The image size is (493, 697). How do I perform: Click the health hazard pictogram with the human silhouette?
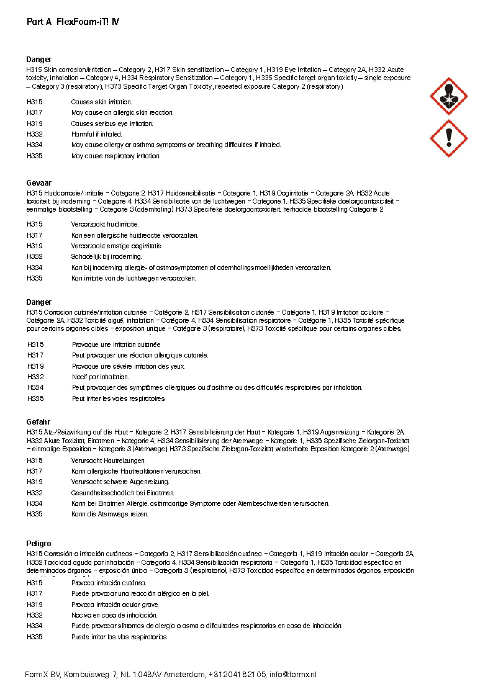click(x=448, y=96)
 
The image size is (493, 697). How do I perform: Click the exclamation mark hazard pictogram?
click(x=448, y=138)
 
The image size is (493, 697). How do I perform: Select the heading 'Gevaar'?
click(x=39, y=184)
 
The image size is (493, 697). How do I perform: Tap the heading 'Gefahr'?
click(x=38, y=421)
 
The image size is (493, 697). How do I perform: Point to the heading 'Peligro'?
click(x=39, y=544)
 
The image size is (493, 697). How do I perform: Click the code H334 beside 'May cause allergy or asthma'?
click(x=35, y=145)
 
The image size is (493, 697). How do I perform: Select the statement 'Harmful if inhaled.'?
click(x=97, y=134)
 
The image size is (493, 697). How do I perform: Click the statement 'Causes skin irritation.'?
click(x=101, y=102)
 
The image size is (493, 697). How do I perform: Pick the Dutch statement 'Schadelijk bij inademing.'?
click(x=106, y=256)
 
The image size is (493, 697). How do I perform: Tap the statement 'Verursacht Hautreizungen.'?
click(x=109, y=461)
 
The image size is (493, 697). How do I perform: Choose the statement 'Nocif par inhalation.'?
click(x=101, y=377)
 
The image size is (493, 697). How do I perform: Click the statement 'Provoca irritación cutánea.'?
click(x=109, y=583)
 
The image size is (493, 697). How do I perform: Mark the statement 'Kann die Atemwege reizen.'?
click(x=110, y=514)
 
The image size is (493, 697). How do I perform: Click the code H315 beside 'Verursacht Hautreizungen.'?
click(x=35, y=461)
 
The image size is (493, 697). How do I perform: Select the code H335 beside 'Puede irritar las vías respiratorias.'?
click(x=35, y=637)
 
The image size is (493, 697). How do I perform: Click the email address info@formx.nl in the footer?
click(x=292, y=675)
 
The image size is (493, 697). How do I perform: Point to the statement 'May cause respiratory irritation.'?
click(x=115, y=156)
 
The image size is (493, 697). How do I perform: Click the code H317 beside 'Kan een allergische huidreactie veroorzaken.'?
click(x=35, y=235)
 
